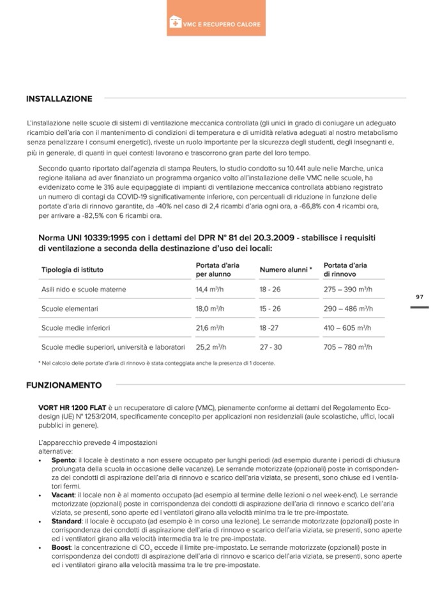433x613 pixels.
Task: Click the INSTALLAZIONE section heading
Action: [x=59, y=98]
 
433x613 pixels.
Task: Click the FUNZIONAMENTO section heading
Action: [x=63, y=385]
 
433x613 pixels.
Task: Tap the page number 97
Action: [x=420, y=297]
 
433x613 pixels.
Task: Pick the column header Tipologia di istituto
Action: [x=72, y=270]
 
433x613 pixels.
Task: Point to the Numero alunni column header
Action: [x=285, y=270]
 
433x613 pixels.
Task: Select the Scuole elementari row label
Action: [x=70, y=309]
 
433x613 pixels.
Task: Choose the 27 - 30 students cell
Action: [x=270, y=347]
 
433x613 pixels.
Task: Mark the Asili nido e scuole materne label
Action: [x=84, y=290]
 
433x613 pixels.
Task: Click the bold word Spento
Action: [x=63, y=460]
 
